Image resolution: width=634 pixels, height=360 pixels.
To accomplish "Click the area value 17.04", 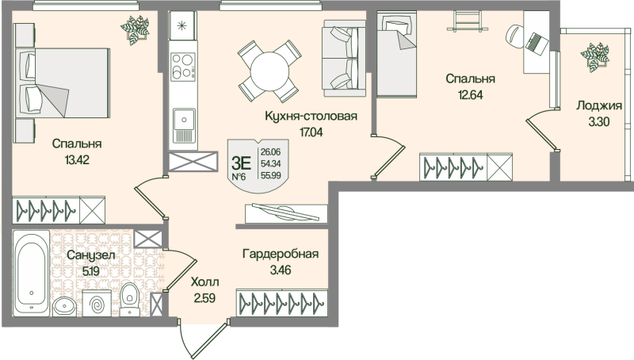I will [x=311, y=132].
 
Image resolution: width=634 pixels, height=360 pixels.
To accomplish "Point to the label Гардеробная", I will [x=281, y=254].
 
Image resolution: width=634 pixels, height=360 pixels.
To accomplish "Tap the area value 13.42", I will [x=78, y=159].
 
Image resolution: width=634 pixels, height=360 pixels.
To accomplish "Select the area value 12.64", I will [x=470, y=94].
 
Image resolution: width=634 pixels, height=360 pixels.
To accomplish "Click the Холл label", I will [x=204, y=282].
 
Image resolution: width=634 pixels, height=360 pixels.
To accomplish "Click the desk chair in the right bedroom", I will [x=516, y=34].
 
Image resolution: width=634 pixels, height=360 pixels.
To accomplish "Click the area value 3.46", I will [x=281, y=271].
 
